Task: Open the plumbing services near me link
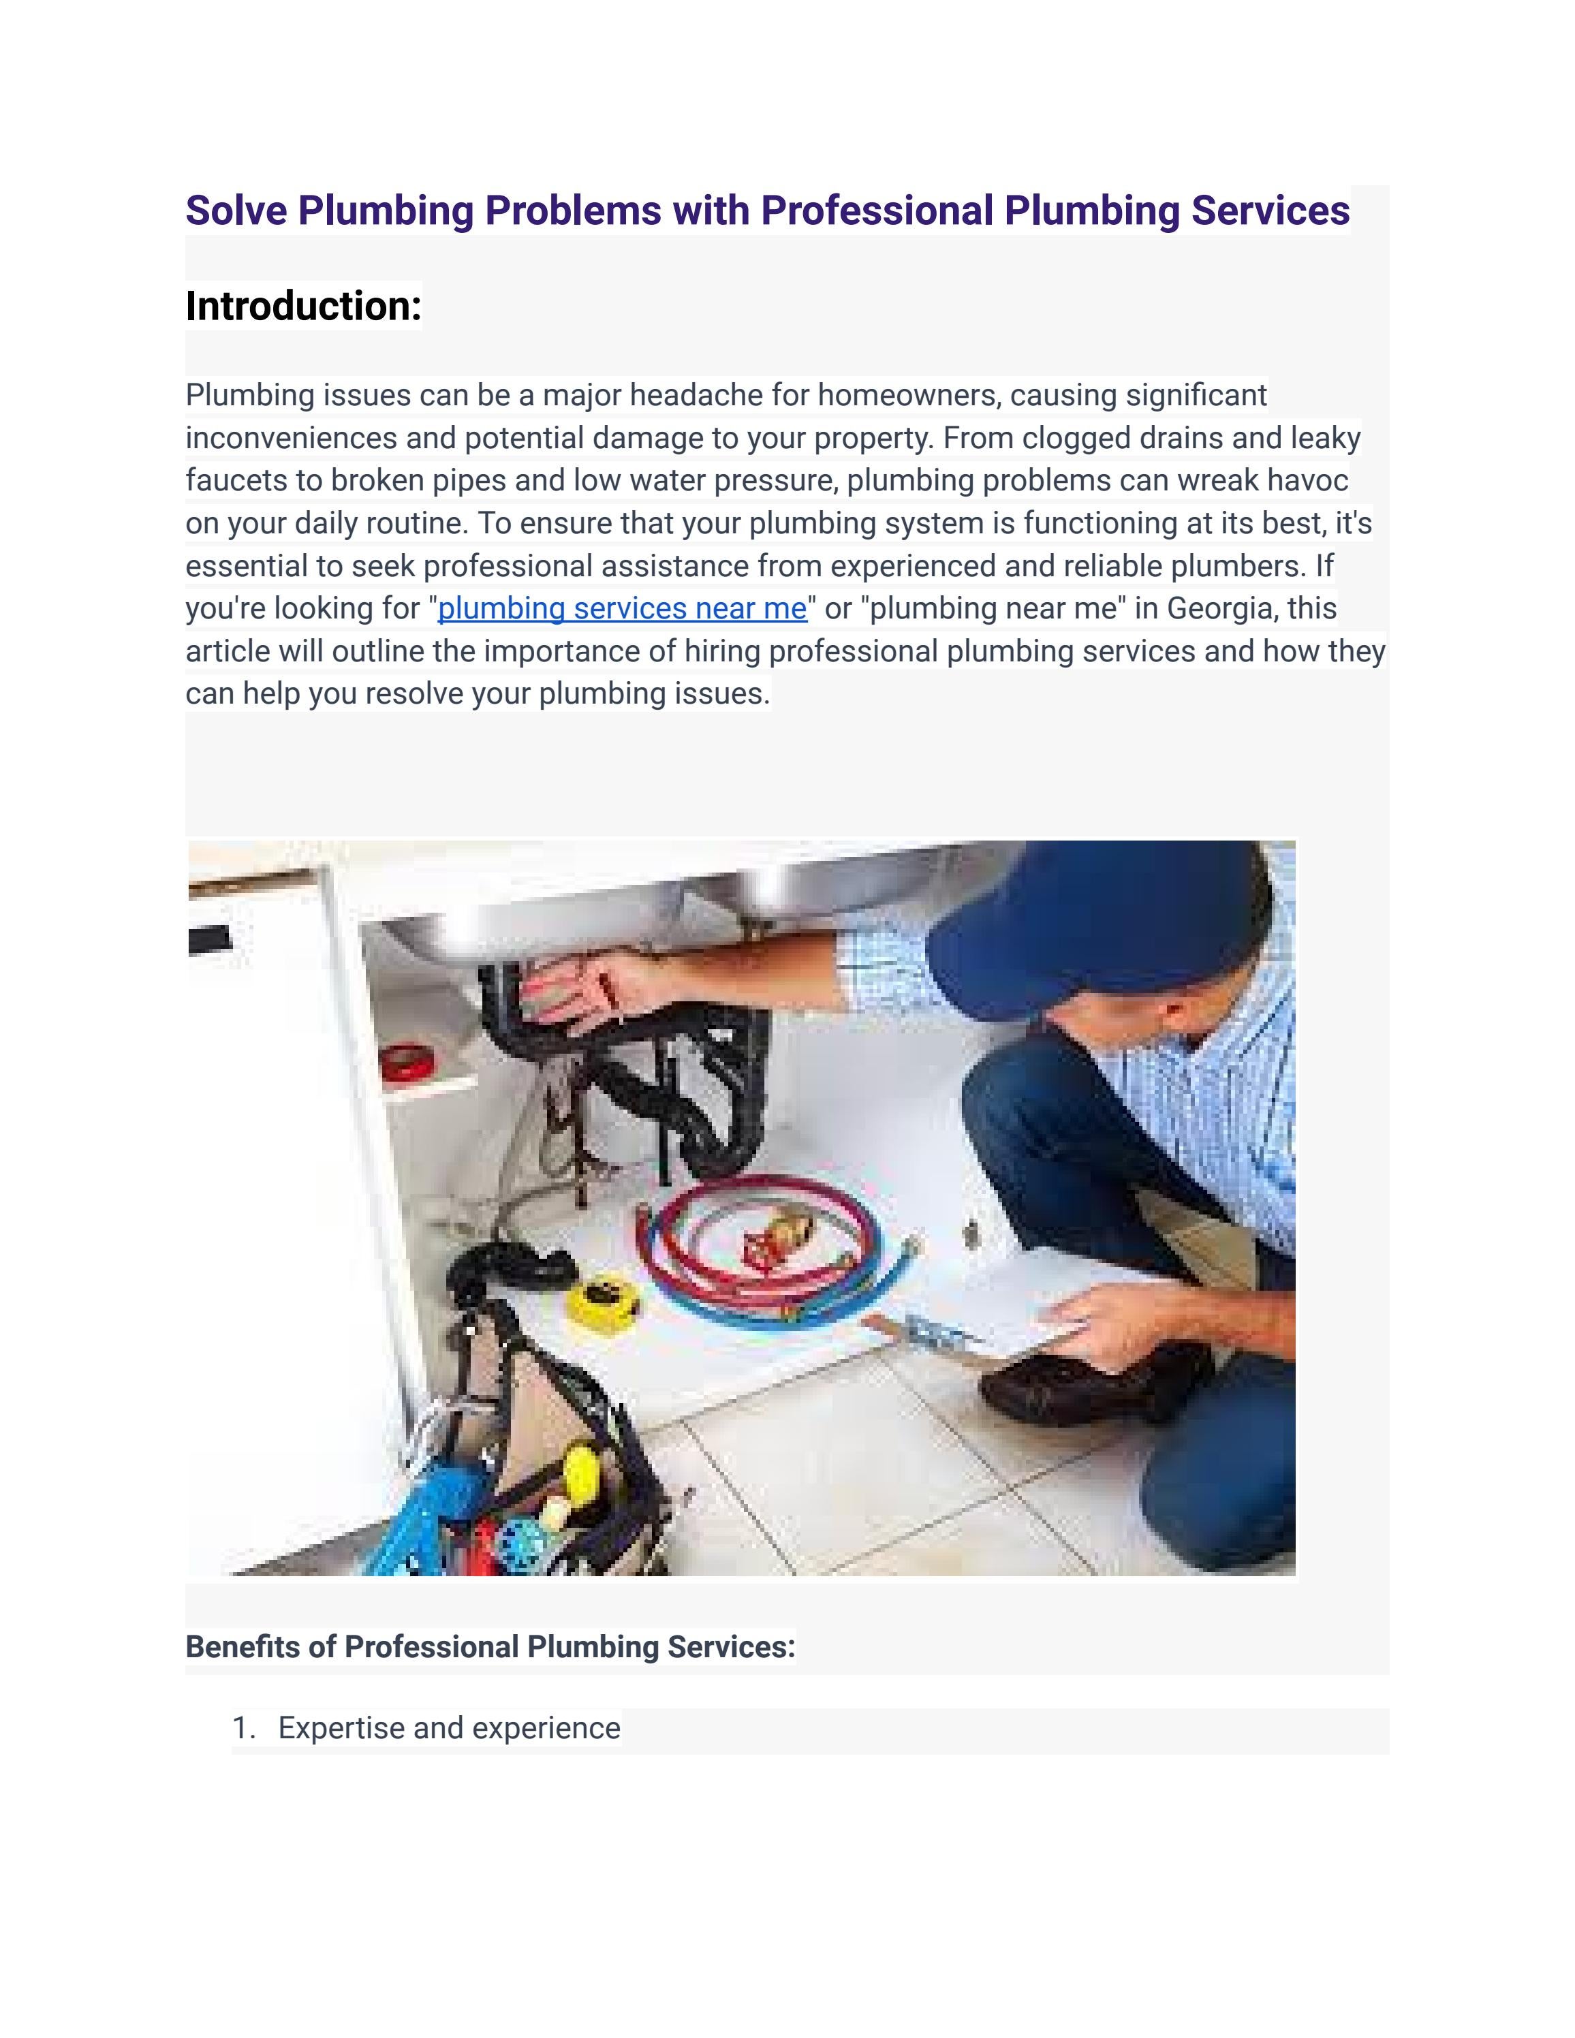pyautogui.click(x=621, y=608)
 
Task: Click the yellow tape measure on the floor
pyautogui.click(x=603, y=1302)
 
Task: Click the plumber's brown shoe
pyautogui.click(x=1073, y=1390)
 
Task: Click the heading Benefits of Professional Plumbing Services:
pyautogui.click(x=490, y=1647)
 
